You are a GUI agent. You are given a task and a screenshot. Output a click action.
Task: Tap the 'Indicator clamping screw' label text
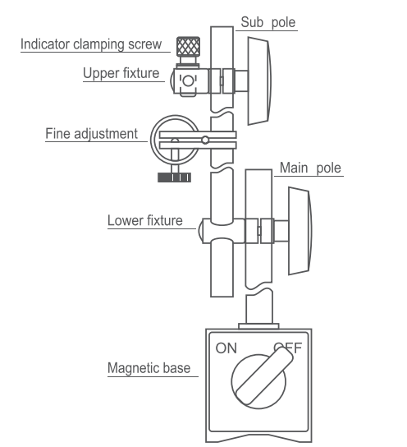[x=92, y=44]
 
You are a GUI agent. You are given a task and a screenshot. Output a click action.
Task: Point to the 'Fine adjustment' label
[x=91, y=133]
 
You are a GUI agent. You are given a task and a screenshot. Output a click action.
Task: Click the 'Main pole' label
[x=310, y=168]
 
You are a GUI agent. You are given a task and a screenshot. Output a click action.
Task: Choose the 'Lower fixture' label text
[x=145, y=221]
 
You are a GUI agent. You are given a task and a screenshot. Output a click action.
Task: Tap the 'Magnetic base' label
[x=149, y=367]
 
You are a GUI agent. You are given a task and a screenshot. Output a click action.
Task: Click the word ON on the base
[x=226, y=348]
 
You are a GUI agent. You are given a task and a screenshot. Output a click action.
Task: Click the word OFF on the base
[x=287, y=347]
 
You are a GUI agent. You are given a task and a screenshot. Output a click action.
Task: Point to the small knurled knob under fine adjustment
[x=174, y=177]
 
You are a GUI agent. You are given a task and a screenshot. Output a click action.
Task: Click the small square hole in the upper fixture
[x=189, y=81]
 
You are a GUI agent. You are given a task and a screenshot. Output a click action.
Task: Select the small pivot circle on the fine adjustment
[x=205, y=139]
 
